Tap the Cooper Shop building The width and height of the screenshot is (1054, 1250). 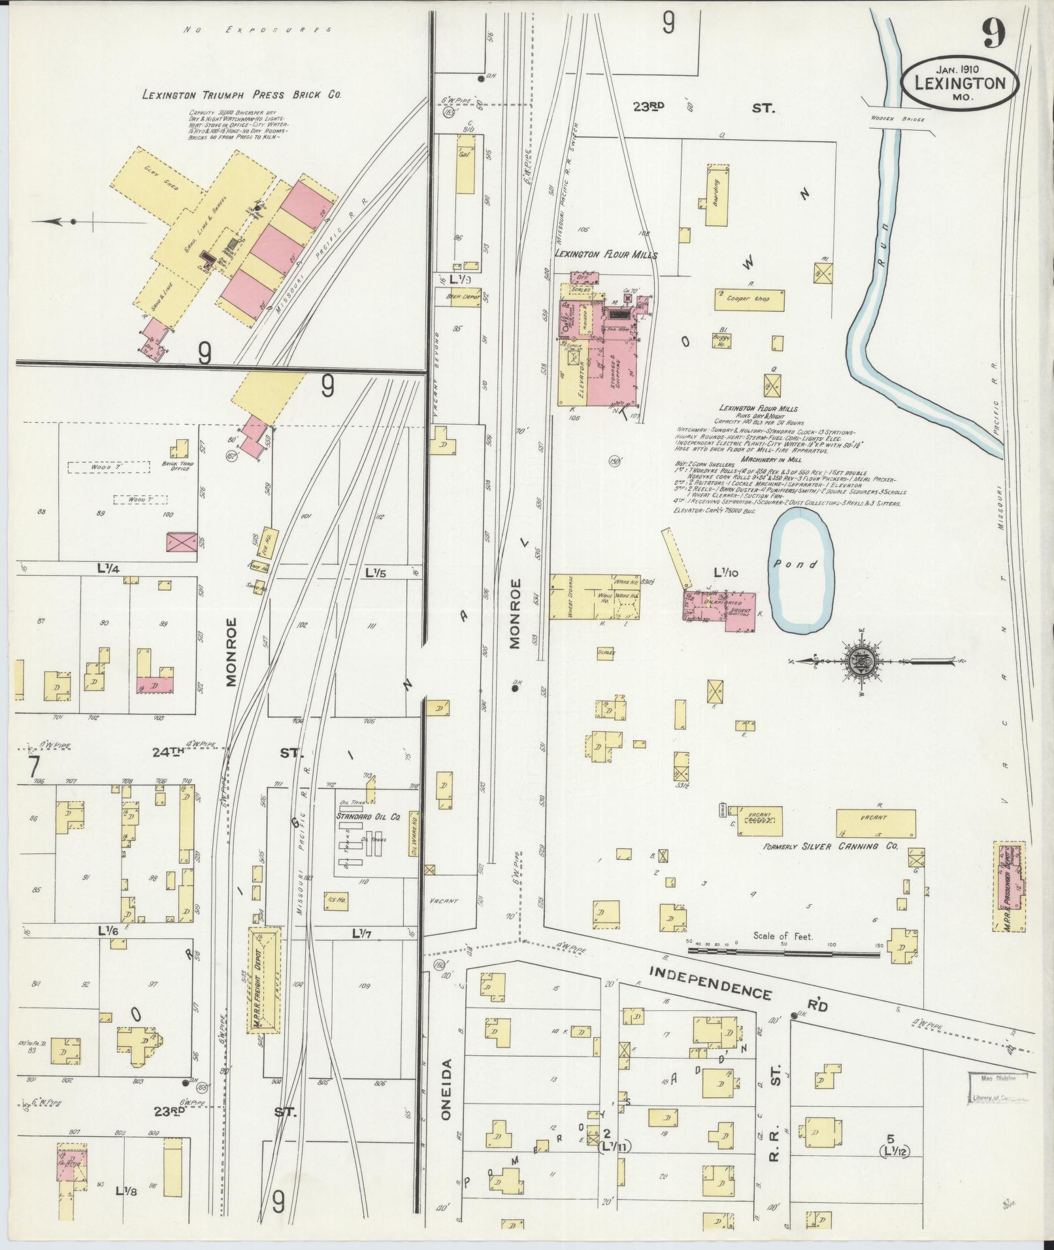pyautogui.click(x=749, y=299)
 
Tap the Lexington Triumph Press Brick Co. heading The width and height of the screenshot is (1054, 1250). pyautogui.click(x=242, y=95)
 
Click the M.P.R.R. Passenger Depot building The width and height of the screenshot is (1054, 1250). pyautogui.click(x=1009, y=886)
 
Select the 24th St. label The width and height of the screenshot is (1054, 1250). pyautogui.click(x=168, y=753)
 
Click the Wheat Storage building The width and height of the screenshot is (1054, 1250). pyautogui.click(x=564, y=597)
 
